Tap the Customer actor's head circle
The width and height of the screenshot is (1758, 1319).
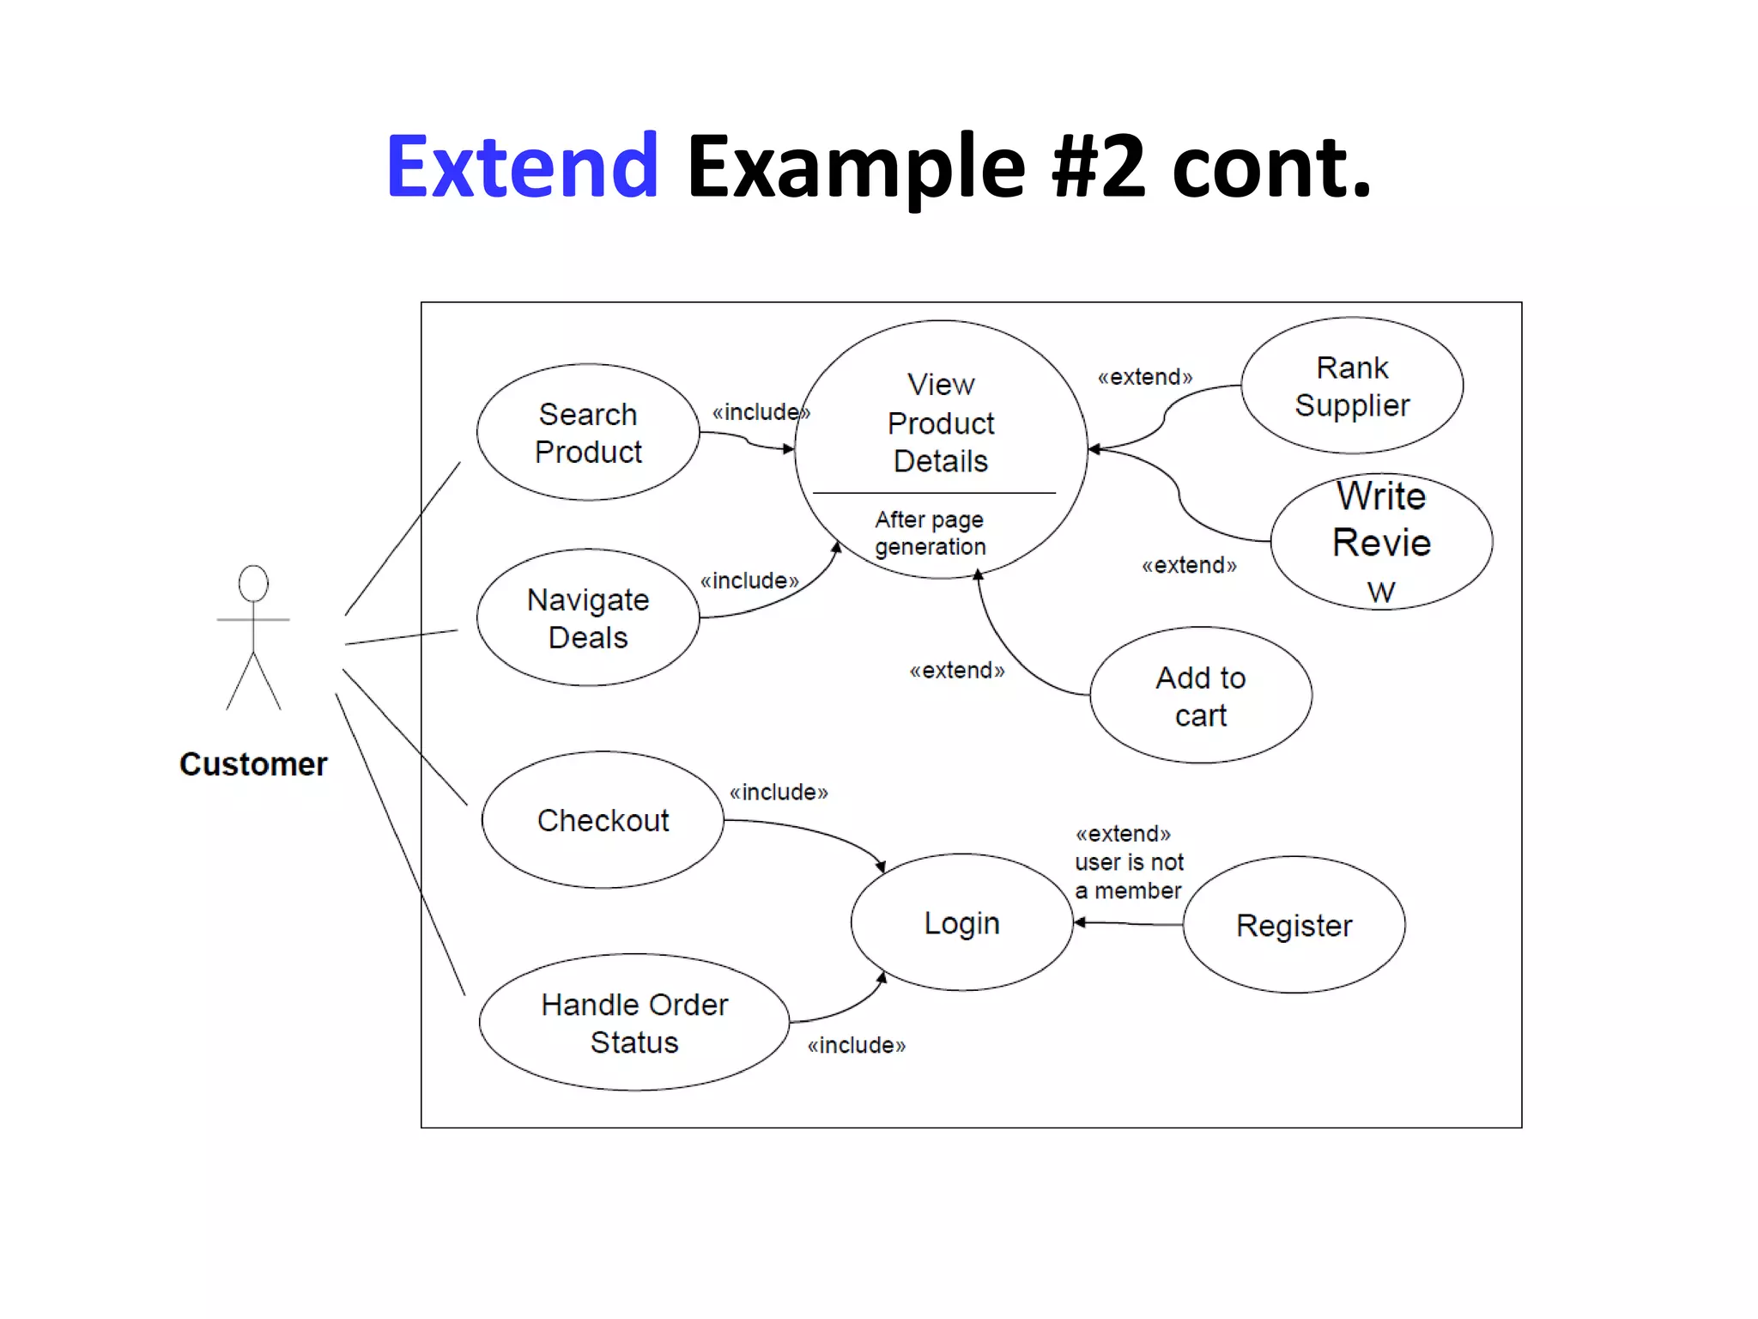point(253,583)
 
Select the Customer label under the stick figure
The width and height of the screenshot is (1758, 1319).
point(253,764)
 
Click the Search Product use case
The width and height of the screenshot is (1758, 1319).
point(588,433)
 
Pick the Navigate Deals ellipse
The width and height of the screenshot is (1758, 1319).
point(588,618)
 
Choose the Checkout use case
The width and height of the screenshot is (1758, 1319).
point(603,820)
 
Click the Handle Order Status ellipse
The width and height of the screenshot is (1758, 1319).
point(633,1023)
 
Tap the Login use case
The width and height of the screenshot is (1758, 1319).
point(961,923)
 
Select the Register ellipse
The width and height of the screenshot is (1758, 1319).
point(1294,926)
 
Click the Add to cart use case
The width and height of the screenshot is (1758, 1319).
point(1200,696)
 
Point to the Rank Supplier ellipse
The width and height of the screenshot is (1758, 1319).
point(1352,386)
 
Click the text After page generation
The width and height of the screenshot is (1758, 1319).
point(930,533)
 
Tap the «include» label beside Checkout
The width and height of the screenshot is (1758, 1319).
point(779,792)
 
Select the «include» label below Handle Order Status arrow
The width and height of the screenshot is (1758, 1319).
point(856,1045)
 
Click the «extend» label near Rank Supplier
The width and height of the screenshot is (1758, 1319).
point(1145,377)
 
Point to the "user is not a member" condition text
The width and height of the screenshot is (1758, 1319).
point(1129,876)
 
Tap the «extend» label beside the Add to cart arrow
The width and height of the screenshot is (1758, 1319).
point(957,671)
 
